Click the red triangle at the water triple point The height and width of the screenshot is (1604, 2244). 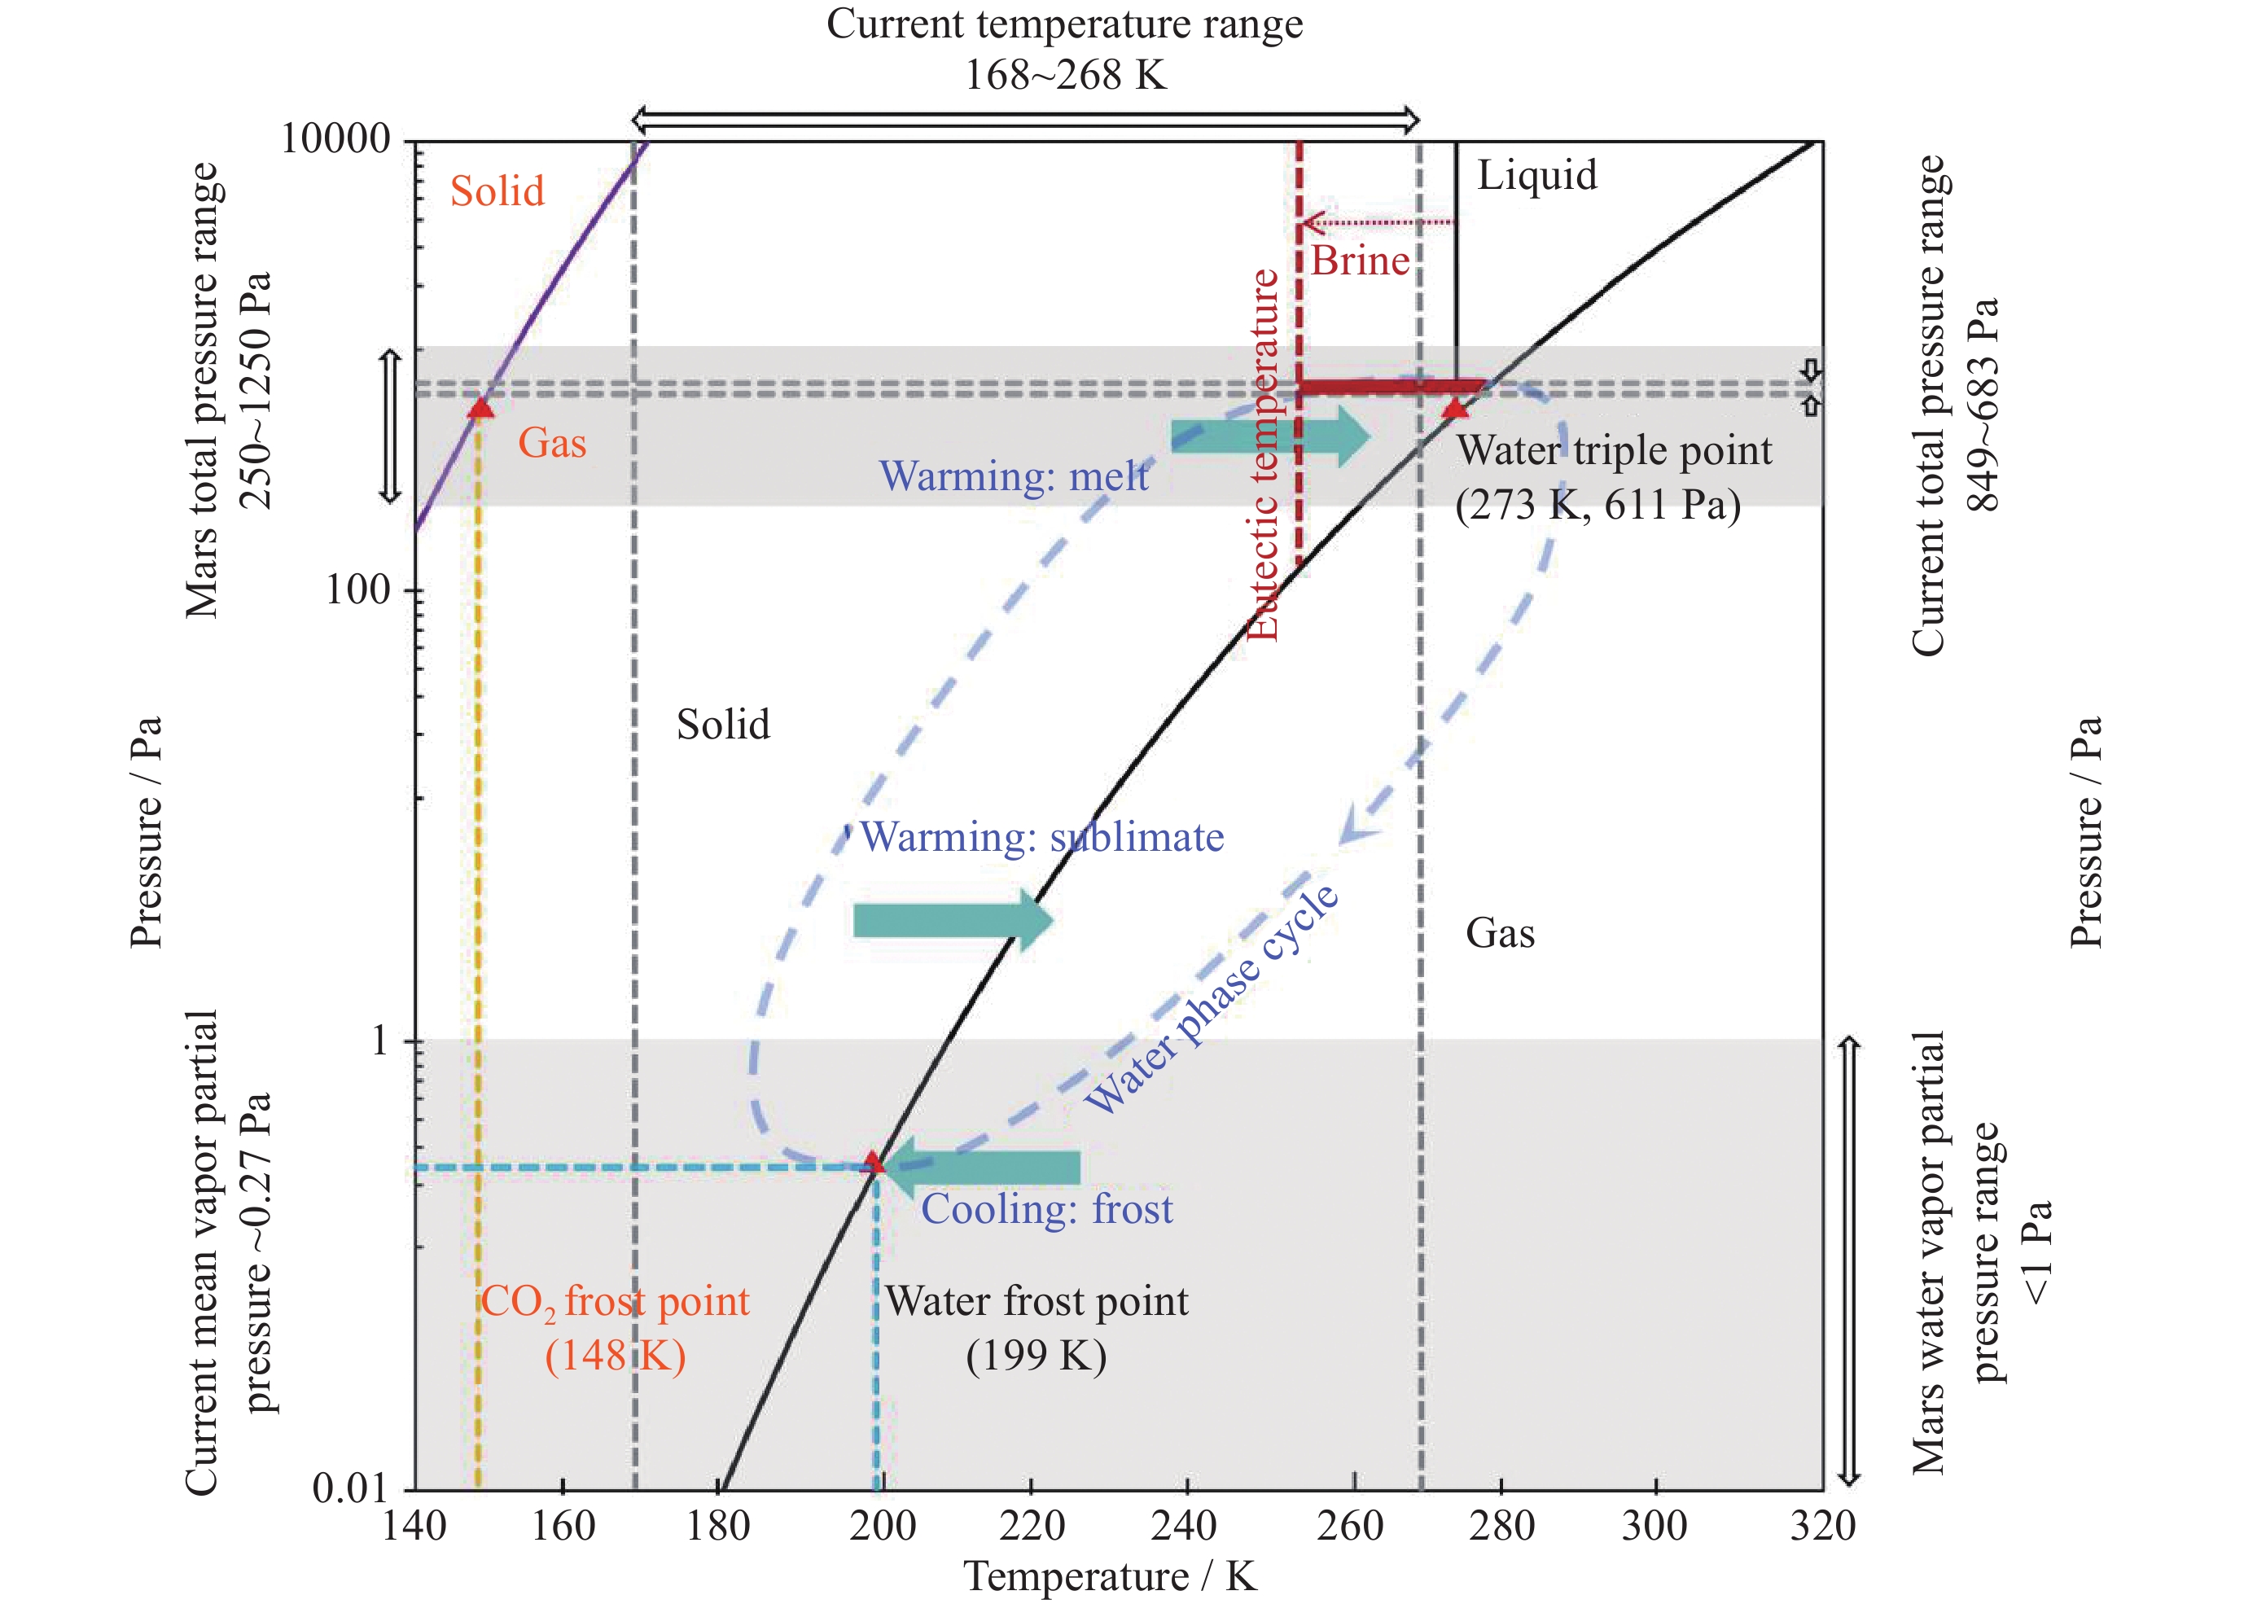click(1455, 408)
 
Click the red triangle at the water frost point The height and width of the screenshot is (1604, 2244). click(872, 1162)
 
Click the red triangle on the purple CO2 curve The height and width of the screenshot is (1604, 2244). click(480, 408)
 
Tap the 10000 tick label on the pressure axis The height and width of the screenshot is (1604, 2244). click(335, 138)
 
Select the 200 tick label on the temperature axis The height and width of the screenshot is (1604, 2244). click(882, 1527)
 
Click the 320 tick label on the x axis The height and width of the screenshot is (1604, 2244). click(1822, 1527)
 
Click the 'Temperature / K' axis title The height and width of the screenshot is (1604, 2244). click(1110, 1576)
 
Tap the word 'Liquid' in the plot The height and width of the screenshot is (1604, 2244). click(1536, 175)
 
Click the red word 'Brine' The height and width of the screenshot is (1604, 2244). click(1360, 261)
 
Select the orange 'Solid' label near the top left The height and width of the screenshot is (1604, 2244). click(497, 191)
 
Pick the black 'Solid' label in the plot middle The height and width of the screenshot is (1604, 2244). click(723, 725)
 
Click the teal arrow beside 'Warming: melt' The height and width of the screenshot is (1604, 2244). click(1270, 435)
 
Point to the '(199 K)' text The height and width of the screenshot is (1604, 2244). click(1036, 1355)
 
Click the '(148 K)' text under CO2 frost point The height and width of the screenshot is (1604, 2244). click(616, 1355)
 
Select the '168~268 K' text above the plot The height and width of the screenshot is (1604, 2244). click(1066, 75)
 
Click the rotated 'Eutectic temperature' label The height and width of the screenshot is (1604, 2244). click(1263, 454)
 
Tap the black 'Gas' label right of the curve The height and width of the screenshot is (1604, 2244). click(1499, 933)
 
